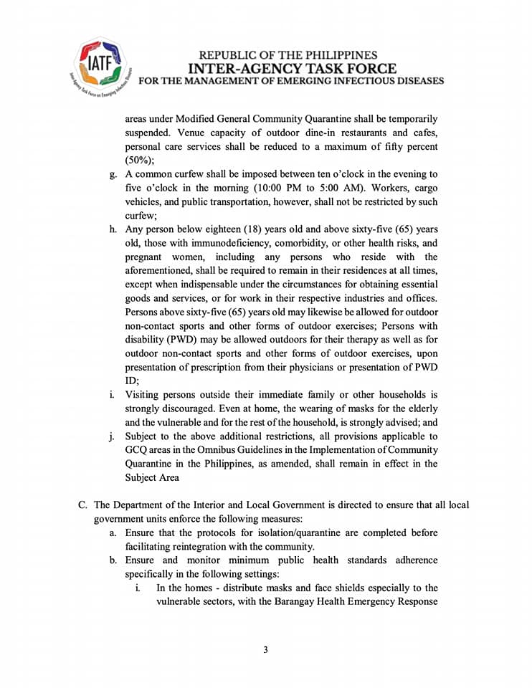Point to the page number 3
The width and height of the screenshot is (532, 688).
(x=265, y=650)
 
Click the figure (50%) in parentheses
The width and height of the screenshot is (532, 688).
(x=140, y=161)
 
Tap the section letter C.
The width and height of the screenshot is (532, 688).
(x=82, y=505)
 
